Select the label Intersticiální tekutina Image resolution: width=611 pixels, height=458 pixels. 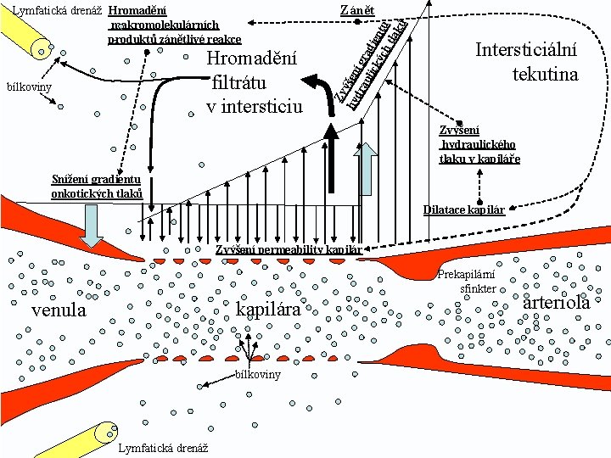(x=526, y=62)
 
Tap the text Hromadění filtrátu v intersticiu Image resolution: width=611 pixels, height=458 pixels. (x=254, y=82)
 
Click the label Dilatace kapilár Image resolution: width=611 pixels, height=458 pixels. (x=464, y=209)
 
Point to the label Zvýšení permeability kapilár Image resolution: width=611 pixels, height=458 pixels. (x=289, y=249)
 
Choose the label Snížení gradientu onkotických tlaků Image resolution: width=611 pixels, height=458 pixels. (x=96, y=186)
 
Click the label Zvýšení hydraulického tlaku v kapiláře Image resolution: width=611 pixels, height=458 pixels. (x=479, y=144)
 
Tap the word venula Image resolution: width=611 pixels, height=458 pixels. (x=59, y=310)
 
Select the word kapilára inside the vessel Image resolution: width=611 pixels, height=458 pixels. (x=268, y=310)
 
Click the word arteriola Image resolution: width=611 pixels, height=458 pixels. (x=557, y=303)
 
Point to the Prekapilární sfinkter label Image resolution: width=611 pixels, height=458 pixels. (x=467, y=282)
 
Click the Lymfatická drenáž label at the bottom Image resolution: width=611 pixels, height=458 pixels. (x=165, y=448)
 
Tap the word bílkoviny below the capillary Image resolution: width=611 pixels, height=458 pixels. (x=257, y=375)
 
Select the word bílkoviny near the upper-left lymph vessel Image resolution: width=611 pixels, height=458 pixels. (x=29, y=87)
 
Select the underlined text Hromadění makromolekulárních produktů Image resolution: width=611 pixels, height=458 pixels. (x=175, y=25)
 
